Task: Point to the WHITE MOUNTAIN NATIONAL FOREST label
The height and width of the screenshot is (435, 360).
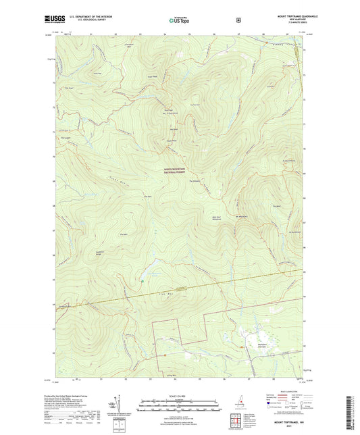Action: (x=178, y=171)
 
